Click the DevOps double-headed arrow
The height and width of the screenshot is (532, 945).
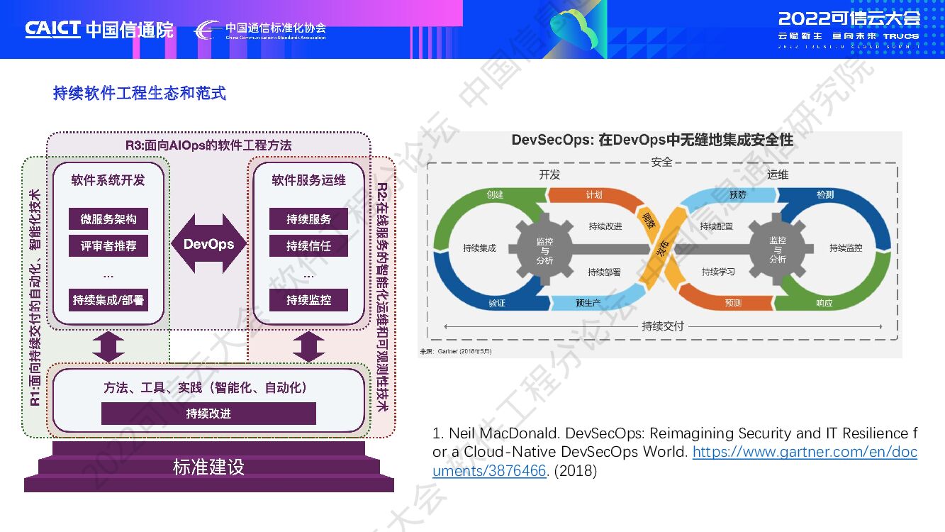click(208, 244)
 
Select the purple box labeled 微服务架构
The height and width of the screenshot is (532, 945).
click(108, 219)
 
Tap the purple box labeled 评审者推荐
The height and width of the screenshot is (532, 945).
click(108, 246)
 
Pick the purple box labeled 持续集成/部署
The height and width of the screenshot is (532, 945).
click(108, 300)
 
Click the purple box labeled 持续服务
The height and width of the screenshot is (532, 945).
click(308, 219)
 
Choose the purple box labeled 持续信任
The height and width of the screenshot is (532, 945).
click(308, 246)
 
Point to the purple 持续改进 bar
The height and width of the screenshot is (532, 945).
click(208, 414)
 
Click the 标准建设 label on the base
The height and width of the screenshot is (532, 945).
click(208, 467)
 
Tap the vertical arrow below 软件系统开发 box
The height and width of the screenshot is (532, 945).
click(108, 347)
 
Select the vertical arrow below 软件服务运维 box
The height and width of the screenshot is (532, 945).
click(308, 347)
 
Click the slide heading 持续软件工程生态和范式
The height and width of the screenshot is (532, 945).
click(140, 93)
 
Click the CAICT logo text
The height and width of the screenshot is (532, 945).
click(53, 29)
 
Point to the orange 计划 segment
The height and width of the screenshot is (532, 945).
click(594, 195)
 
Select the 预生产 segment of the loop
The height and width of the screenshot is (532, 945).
click(588, 303)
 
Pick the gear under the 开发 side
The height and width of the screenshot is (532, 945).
click(544, 250)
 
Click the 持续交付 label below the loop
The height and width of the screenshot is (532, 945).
click(662, 326)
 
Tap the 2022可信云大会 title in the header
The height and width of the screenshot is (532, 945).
click(849, 18)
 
